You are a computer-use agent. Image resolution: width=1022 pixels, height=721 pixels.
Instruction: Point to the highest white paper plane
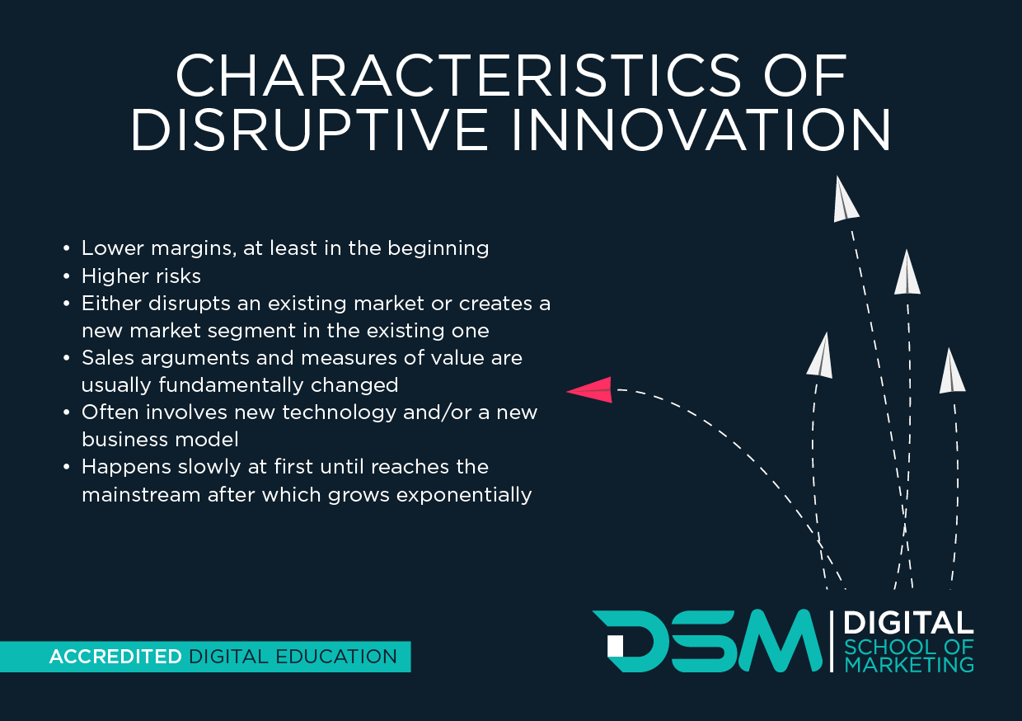tap(844, 200)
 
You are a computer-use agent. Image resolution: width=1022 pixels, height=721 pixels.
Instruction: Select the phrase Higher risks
tap(141, 276)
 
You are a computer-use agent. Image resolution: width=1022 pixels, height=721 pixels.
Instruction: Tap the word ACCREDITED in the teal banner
tap(115, 657)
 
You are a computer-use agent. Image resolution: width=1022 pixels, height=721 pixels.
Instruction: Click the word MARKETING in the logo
tap(909, 664)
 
